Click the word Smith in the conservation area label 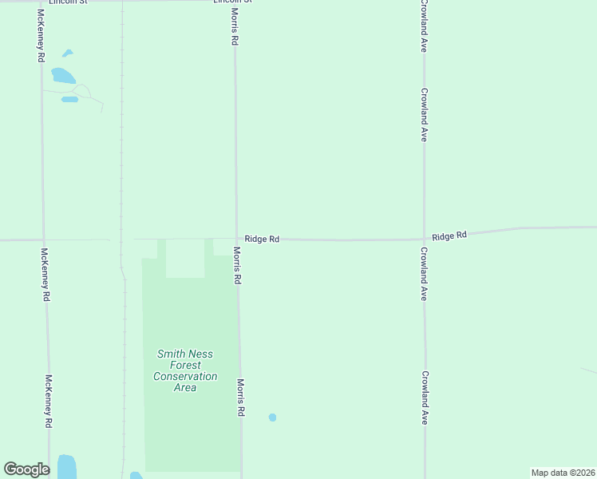coord(169,354)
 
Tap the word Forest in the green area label coord(185,365)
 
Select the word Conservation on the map coord(185,376)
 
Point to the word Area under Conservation coord(185,387)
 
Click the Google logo coord(26,469)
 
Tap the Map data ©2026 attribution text coord(563,473)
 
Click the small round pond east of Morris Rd coord(272,418)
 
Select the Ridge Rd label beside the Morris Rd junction coord(262,239)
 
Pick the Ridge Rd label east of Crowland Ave coord(449,236)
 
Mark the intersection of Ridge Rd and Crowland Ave coord(424,238)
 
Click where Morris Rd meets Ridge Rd coord(236,239)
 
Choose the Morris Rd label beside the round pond coord(240,398)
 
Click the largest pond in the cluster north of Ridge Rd coord(62,77)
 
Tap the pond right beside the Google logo coord(66,466)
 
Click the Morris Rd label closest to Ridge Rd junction coord(237,265)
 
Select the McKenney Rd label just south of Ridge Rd coord(45,274)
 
